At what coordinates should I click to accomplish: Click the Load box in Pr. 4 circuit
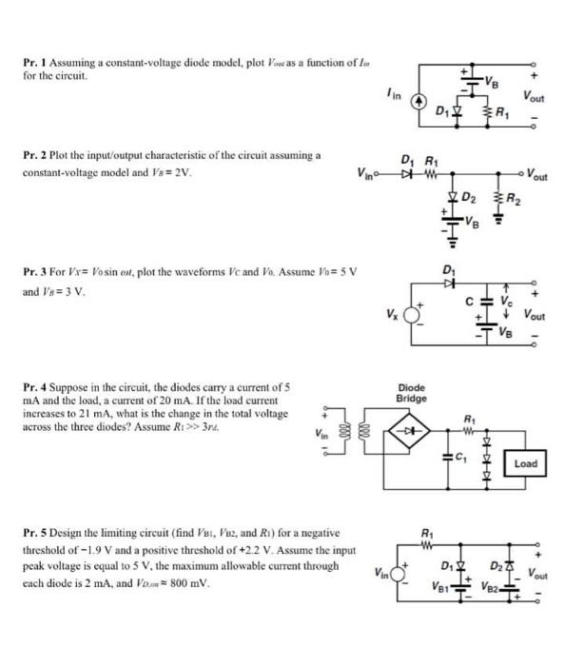(x=525, y=463)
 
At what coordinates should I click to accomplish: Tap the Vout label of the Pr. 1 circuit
(x=534, y=94)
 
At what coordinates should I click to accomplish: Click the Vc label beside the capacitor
(x=520, y=300)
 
